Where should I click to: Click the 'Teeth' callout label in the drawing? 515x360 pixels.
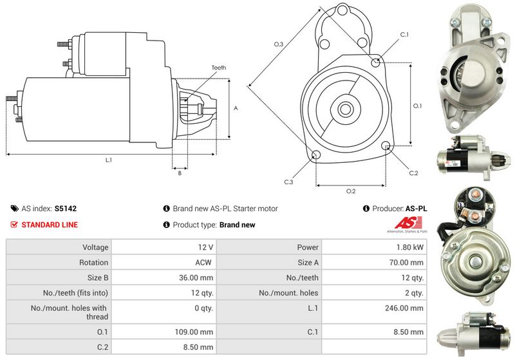218,68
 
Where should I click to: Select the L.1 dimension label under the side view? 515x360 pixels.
109,160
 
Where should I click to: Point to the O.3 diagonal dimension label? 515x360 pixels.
279,44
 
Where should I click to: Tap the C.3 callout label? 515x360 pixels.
288,182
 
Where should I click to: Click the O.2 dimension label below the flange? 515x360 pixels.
351,191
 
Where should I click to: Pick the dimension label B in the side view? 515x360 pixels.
180,173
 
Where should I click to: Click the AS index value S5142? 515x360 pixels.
66,209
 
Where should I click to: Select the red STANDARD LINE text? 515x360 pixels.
50,225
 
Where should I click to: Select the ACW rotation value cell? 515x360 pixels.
205,263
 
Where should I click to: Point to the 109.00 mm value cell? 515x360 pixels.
197,332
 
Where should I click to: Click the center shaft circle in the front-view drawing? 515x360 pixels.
345,108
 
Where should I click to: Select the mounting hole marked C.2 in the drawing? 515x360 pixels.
386,146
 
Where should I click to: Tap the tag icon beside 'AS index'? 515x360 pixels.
14,209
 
